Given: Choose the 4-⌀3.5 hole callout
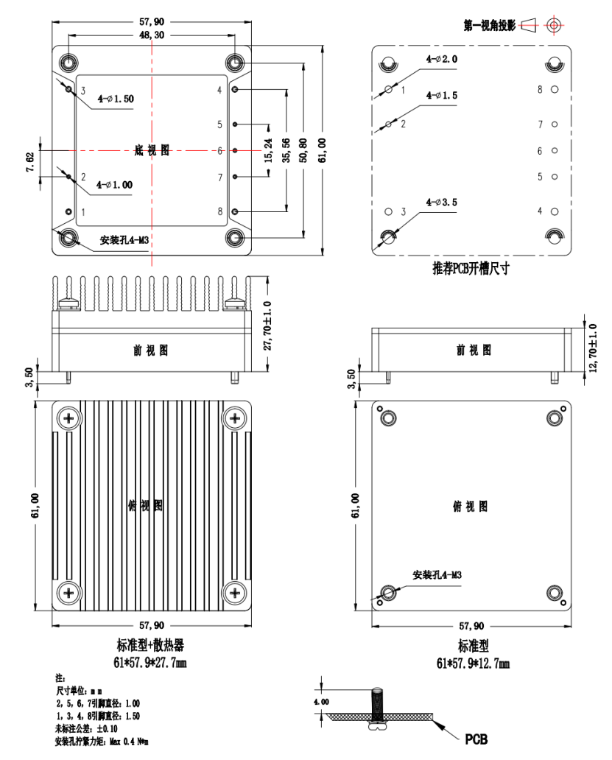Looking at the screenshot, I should point(441,202).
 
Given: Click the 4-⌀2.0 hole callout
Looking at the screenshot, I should point(441,58).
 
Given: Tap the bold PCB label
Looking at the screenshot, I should point(475,739).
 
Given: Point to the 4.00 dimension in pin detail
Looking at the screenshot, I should point(321,702).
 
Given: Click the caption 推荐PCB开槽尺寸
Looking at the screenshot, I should point(471,269).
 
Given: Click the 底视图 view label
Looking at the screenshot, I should point(152,150).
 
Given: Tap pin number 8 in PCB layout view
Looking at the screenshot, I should point(539,89).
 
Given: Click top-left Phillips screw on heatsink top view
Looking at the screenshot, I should point(69,418).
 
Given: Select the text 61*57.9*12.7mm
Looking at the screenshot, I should point(473,663).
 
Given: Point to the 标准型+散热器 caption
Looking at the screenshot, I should point(150,645).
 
